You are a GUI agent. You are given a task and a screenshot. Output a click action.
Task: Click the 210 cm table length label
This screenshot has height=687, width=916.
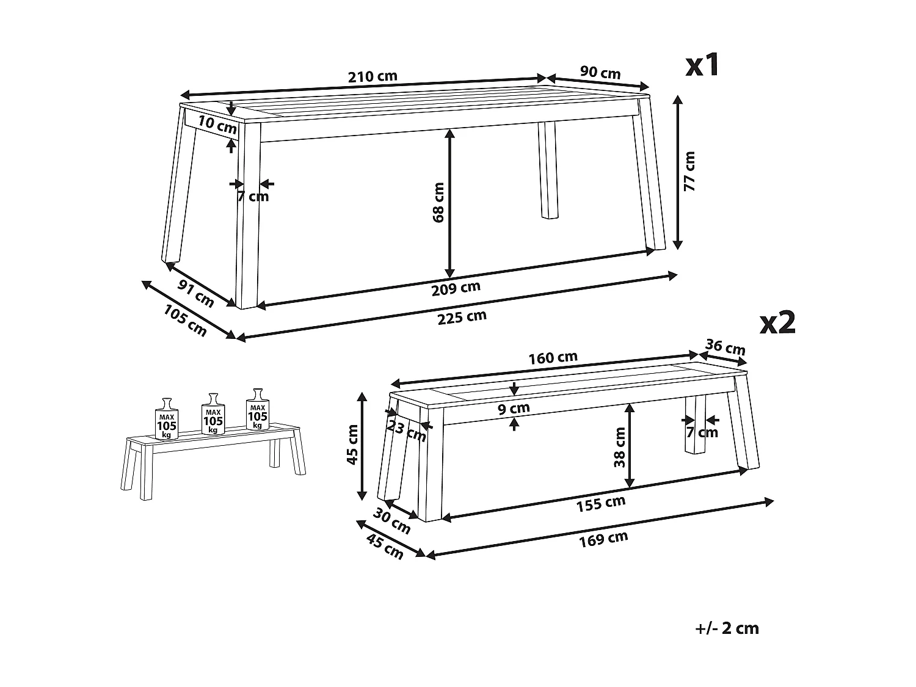[x=373, y=76]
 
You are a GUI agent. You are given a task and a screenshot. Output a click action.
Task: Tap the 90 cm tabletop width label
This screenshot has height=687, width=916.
[x=600, y=73]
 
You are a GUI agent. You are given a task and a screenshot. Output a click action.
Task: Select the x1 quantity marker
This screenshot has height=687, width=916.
[x=703, y=65]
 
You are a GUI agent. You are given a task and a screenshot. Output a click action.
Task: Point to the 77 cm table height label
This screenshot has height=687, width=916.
[x=689, y=171]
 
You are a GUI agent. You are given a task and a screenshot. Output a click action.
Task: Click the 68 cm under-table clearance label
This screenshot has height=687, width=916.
[x=438, y=202]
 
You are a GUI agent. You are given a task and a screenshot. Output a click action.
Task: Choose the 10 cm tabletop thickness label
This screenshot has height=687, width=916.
[x=217, y=125]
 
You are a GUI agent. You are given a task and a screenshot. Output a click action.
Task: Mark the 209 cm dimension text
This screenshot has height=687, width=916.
[x=456, y=288]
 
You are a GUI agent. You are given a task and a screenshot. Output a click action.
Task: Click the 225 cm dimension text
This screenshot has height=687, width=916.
[x=462, y=317]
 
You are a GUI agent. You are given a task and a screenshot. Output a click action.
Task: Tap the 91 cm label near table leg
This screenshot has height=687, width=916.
[x=196, y=293]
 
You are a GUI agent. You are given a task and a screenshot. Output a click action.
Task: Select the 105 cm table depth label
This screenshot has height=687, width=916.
[x=185, y=320]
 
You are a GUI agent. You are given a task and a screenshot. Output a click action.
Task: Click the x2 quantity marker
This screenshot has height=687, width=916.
[x=777, y=323]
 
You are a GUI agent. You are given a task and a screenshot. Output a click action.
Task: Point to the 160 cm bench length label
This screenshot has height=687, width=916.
[x=553, y=358]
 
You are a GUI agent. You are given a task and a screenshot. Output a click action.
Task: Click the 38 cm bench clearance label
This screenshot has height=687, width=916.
[x=620, y=446]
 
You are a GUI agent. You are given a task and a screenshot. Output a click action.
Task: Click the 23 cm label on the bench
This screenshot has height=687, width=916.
[x=407, y=431]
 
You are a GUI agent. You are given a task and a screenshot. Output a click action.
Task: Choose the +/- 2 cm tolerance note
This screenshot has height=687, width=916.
[x=727, y=628]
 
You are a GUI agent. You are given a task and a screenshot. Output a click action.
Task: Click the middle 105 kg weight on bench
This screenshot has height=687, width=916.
[x=213, y=415]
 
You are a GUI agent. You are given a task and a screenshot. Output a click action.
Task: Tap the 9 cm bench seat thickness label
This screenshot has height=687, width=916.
[x=514, y=408]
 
